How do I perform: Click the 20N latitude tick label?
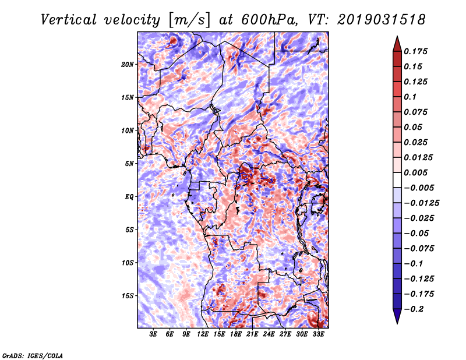128,64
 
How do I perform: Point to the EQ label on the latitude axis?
129,196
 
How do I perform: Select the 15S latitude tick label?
128,295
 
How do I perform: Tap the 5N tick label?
130,163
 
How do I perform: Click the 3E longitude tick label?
154,334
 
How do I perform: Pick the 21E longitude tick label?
252,334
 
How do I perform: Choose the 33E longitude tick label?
318,334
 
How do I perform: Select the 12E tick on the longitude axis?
203,334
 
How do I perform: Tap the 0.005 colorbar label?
418,172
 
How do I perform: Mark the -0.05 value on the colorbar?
419,233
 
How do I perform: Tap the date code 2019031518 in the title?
381,19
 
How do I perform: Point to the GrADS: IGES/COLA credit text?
33,355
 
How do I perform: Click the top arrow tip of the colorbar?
397,37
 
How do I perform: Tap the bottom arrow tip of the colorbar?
397,322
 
